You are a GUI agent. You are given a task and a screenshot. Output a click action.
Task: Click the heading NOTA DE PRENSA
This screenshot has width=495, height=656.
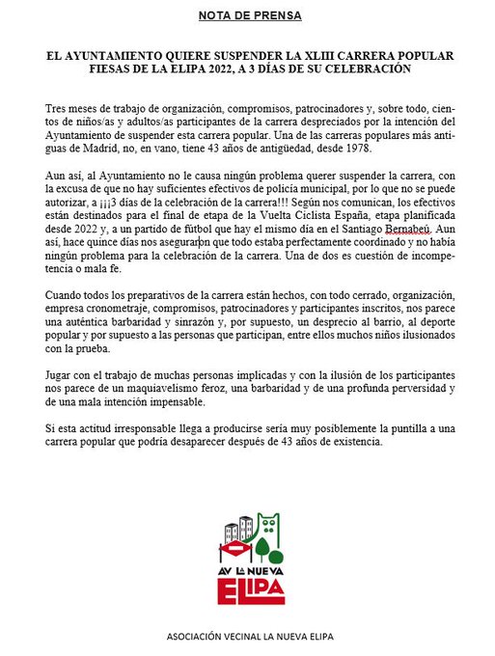pos(249,16)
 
